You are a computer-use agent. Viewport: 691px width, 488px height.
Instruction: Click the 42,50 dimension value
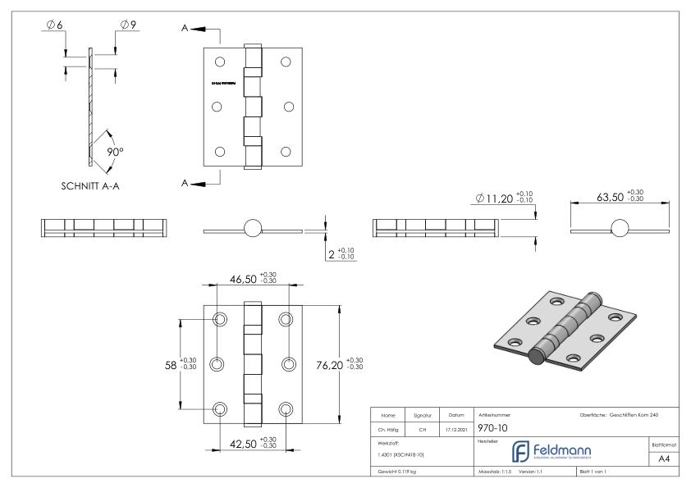(244, 445)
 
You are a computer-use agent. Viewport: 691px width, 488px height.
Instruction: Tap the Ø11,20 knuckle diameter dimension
(501, 198)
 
